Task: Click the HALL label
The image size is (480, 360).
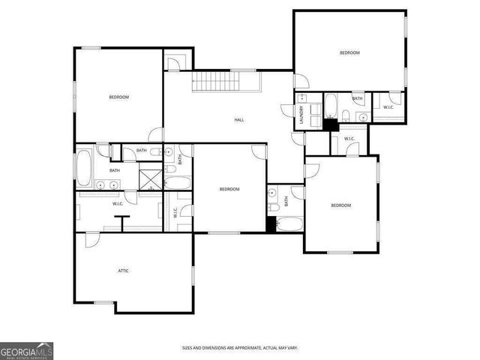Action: click(239, 120)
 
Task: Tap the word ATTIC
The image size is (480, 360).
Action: click(123, 270)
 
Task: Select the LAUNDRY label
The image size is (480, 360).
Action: click(301, 115)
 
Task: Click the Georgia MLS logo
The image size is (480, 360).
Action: click(26, 350)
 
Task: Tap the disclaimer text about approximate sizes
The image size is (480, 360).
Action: click(240, 348)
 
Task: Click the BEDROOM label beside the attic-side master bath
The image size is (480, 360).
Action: click(118, 97)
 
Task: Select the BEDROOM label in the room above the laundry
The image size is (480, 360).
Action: click(349, 52)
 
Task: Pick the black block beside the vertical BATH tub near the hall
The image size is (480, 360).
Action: click(271, 224)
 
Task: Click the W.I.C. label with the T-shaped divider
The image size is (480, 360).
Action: click(118, 204)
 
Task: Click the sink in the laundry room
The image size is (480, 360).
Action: click(301, 99)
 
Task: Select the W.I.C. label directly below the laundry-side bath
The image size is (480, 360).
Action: click(349, 139)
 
